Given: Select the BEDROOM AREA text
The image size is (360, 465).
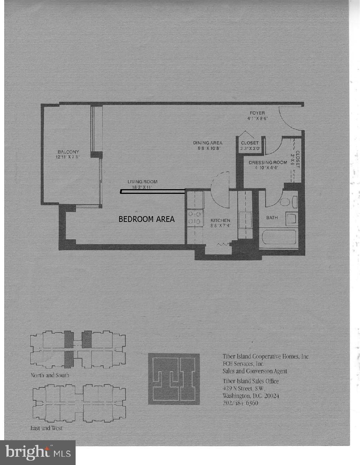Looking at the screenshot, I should point(147,219).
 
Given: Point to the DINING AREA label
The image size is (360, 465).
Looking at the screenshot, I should point(207,143).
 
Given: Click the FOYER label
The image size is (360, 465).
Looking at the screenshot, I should point(257,113).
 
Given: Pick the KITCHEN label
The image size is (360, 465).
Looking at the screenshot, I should point(220,220).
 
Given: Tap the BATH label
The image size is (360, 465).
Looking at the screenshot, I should point(272,218).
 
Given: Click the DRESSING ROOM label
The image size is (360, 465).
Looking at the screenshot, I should point(267,163).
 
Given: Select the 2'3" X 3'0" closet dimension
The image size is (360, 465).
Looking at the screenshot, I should point(250,148).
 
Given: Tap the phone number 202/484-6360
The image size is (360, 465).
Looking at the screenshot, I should point(240,403).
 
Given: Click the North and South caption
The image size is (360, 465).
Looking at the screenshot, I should point(50,375).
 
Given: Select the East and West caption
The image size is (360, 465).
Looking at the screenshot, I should point(46,428).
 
